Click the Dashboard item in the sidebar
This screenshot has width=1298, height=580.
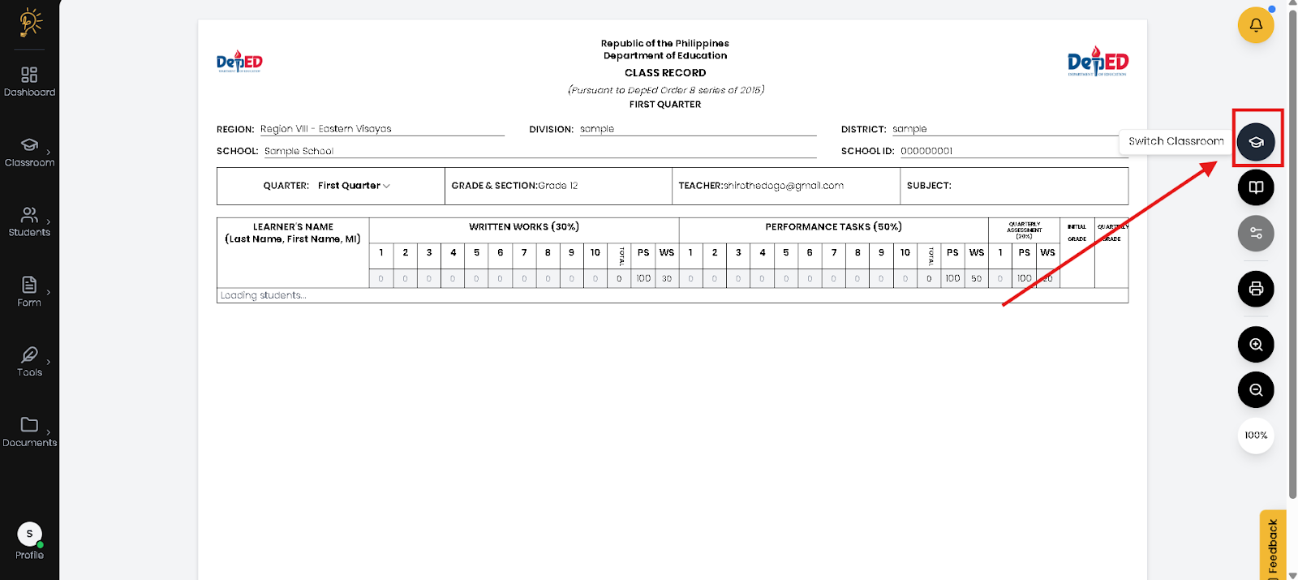[29, 82]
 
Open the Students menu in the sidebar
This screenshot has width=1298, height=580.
[29, 221]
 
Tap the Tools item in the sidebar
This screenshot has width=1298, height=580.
[29, 362]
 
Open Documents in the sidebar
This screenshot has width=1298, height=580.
[29, 432]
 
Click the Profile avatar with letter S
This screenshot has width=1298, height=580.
[29, 534]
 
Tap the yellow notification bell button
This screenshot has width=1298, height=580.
[1255, 25]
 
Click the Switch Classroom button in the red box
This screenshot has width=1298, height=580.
[1256, 142]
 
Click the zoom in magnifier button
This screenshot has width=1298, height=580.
[1256, 345]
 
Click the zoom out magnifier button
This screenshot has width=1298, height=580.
[1256, 390]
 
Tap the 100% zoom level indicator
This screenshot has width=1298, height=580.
[1256, 436]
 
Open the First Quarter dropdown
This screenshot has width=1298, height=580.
[354, 186]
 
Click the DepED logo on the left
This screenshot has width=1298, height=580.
[239, 62]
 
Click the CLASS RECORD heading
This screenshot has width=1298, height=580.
[665, 73]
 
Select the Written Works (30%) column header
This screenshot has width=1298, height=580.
[524, 227]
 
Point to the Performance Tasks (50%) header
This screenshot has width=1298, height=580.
[833, 227]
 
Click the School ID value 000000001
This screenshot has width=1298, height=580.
[926, 151]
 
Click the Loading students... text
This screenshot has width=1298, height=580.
[264, 295]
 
